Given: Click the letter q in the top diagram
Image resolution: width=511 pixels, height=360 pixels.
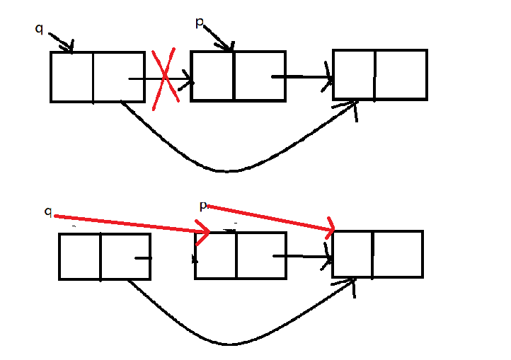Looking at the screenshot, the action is click(39, 28).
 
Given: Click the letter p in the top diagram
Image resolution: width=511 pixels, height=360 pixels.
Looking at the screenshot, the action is click(200, 23).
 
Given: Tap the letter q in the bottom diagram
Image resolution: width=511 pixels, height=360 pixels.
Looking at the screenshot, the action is click(48, 211).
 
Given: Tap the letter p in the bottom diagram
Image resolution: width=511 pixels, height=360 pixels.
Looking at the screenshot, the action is click(203, 206).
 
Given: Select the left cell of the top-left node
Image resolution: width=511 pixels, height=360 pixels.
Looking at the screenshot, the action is click(71, 76).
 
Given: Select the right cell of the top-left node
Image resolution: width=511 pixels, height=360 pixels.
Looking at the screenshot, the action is click(118, 76).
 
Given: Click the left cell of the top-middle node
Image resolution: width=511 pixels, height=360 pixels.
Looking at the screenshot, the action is click(212, 76).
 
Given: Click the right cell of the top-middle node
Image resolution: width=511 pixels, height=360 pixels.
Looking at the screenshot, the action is click(259, 76).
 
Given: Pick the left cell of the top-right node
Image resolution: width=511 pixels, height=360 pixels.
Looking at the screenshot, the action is click(353, 74).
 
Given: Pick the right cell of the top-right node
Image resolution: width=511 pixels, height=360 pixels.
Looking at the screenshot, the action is click(401, 74).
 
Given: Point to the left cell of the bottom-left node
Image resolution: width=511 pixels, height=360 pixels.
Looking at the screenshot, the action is click(79, 256).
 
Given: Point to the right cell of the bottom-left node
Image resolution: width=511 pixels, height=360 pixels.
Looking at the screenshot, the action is click(125, 256).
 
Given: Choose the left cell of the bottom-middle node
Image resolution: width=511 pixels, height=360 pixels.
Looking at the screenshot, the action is click(216, 255).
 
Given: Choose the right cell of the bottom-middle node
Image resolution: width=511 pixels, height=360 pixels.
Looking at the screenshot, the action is click(260, 255).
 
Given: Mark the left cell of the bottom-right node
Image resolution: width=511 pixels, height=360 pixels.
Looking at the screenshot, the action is click(353, 253).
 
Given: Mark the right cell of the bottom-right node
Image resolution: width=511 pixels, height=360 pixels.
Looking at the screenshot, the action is click(398, 253).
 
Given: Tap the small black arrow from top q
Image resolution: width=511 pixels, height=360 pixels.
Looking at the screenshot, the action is click(62, 42).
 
